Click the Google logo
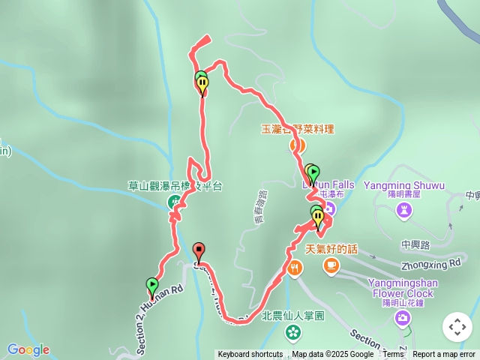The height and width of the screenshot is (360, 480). [x=28, y=349]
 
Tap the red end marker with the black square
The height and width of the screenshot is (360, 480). [x=199, y=250]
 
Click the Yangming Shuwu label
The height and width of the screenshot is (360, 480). [x=404, y=185]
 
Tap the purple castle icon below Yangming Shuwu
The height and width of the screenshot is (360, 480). [x=404, y=211]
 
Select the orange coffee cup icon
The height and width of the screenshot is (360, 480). [x=331, y=265]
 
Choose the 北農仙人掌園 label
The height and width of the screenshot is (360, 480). [x=292, y=316]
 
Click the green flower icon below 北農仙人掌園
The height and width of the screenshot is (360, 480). [x=292, y=331]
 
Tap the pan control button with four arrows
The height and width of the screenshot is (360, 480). [x=457, y=327]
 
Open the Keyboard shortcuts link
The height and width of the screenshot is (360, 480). [x=250, y=355]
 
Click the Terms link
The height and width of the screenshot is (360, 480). [x=393, y=355]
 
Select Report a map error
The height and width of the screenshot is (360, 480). [x=444, y=355]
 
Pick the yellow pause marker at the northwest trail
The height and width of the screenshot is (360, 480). [x=202, y=85]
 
